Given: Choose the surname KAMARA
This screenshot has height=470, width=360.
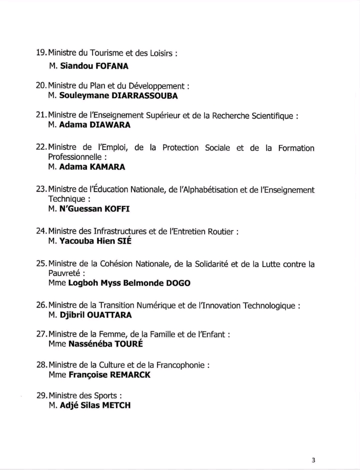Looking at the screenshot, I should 108,167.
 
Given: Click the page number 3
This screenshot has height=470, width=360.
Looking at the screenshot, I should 313,460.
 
